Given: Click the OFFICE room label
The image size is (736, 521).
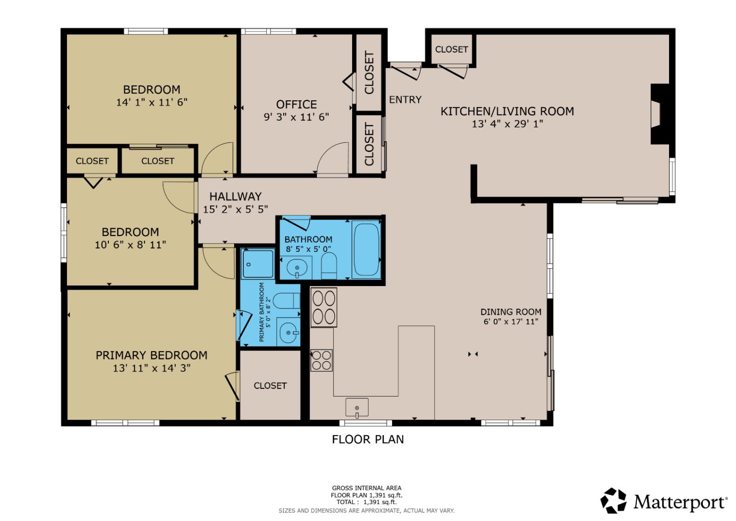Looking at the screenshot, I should point(296,104).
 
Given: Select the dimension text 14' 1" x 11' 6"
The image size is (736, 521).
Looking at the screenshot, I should point(152,102).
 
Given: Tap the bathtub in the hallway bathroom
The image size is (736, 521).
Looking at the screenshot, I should point(366,249).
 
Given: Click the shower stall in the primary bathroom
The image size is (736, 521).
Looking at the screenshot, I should point(258,264).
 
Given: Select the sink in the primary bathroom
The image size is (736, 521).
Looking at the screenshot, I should point(289,333).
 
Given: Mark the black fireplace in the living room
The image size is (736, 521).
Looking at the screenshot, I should point(659,114).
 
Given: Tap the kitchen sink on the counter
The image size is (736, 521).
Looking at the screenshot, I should point(357,407).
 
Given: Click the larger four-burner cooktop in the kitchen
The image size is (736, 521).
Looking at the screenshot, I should point(324,307).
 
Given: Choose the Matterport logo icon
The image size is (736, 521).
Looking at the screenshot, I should point(613,501).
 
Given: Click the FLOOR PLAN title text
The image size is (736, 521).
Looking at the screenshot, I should point(367,439).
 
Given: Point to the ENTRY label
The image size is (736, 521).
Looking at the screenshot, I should point(405,100).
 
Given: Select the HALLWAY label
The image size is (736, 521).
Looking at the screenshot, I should point(235,197).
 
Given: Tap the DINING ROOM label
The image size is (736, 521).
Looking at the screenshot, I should point(511,312).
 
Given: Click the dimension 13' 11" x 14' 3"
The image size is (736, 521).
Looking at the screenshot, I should point(152,368).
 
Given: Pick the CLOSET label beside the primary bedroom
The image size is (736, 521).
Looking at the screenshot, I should point(270,386).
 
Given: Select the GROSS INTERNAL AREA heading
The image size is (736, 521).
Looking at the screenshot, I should point(366,488).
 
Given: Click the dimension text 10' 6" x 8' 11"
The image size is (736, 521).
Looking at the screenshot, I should point(130,245).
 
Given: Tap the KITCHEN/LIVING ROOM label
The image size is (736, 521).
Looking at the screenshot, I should point(507,111).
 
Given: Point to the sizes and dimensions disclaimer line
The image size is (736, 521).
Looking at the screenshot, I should point(366,511).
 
